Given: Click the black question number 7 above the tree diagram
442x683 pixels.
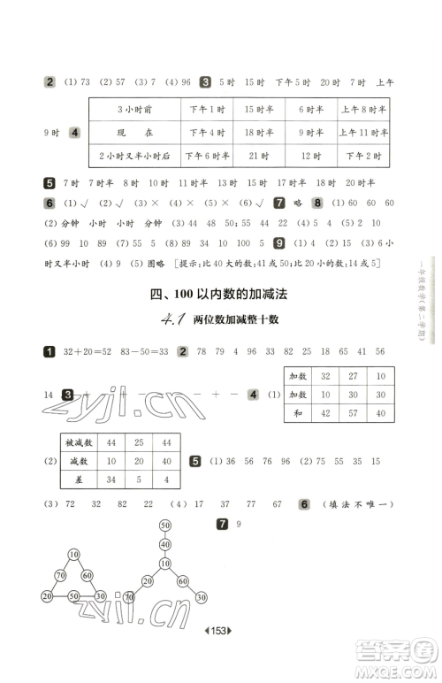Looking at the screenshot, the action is click(223, 525).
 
